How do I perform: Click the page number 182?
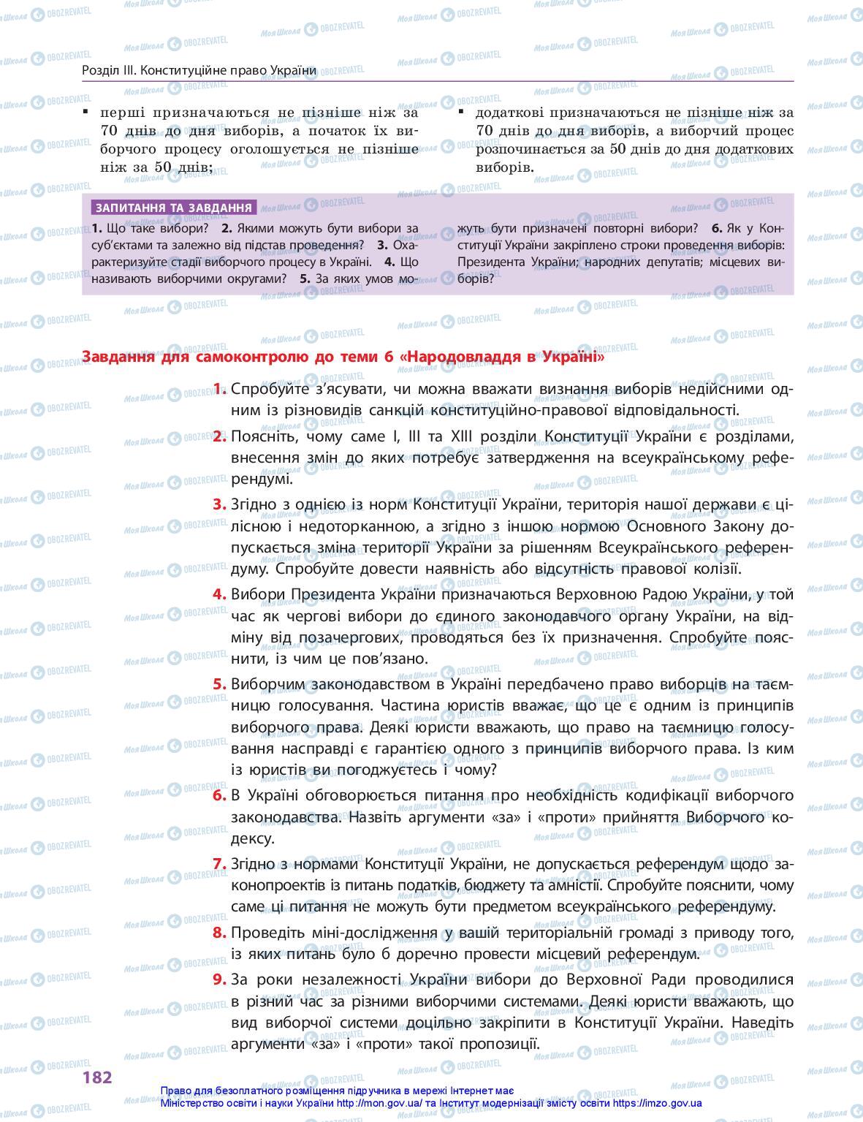[x=97, y=1077]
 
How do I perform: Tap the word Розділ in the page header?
[x=97, y=70]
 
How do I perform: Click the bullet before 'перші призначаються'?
[x=85, y=111]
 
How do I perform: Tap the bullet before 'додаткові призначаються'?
[x=461, y=111]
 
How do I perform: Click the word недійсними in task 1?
[x=714, y=389]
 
